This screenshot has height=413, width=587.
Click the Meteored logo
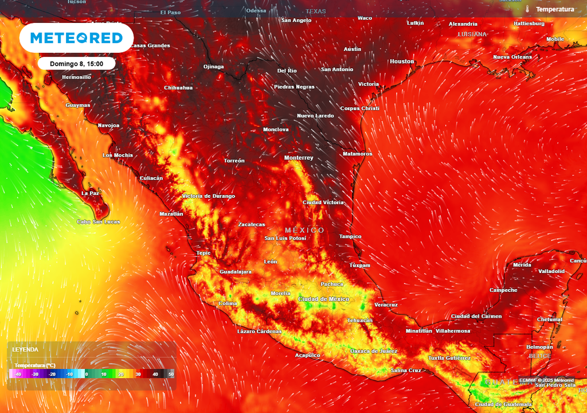(x=76, y=38)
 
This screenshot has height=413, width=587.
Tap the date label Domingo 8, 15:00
(x=76, y=64)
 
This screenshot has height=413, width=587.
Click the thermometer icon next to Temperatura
(x=527, y=9)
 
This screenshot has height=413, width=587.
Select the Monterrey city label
(x=299, y=158)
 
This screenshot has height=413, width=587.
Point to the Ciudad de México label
(x=324, y=299)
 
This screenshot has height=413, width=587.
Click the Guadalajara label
(x=236, y=272)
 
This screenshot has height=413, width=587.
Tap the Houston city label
(x=402, y=61)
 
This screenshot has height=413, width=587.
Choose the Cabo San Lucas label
(x=99, y=222)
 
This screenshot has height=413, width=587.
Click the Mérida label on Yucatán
(x=522, y=265)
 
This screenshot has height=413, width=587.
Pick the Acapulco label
(x=307, y=356)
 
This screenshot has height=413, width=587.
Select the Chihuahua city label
(x=178, y=88)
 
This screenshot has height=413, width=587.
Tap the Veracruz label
(x=385, y=305)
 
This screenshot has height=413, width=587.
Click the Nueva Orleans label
(x=512, y=57)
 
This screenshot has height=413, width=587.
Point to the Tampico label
(x=350, y=237)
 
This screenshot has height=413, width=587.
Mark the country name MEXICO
(x=304, y=230)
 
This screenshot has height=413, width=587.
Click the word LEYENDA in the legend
(x=26, y=349)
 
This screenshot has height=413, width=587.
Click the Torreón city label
(x=234, y=161)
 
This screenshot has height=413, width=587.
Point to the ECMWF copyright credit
(x=546, y=380)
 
